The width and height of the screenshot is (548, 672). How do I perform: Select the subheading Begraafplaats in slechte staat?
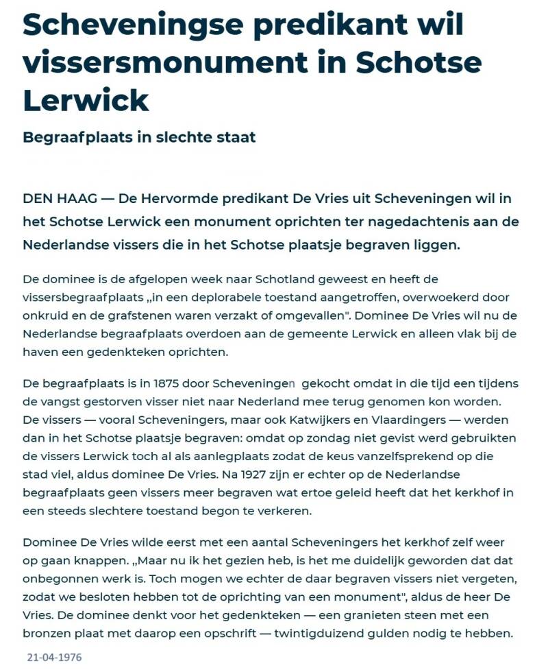pyautogui.click(x=139, y=137)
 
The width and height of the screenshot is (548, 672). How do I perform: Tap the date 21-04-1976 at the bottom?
pyautogui.click(x=54, y=658)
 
